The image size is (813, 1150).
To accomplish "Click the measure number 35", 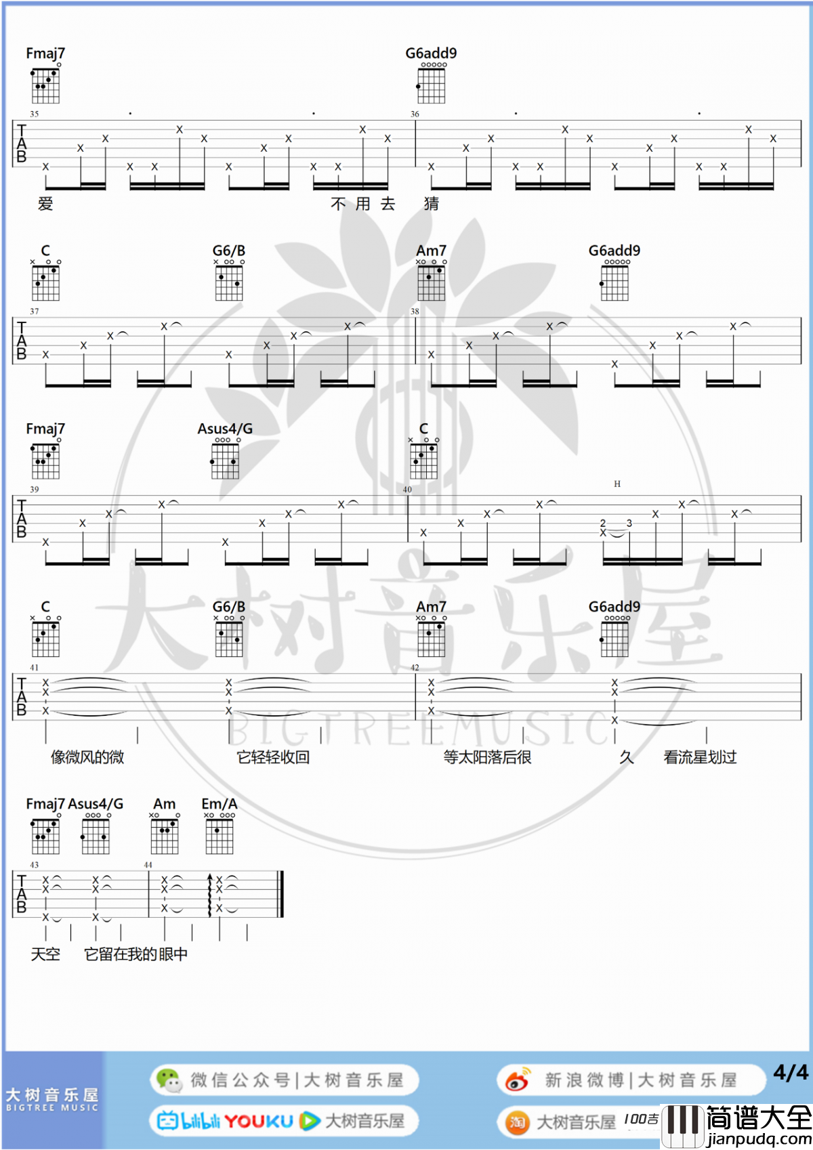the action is pos(35,114).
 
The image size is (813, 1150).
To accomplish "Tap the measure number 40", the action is pos(407,489).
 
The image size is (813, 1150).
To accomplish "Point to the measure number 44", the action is pos(148,865).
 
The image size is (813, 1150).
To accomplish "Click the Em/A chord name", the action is pos(220,803).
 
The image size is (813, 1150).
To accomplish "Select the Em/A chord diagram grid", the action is pos(220,837).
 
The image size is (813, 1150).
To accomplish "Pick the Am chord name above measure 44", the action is pos(165,803).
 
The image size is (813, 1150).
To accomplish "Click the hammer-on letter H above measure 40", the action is pos(617,484).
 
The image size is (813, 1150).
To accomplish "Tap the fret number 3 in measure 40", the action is pos(629,523).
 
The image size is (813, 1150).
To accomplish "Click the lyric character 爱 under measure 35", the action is pos(45,204).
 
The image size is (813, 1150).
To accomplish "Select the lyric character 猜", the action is pos(432,204).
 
